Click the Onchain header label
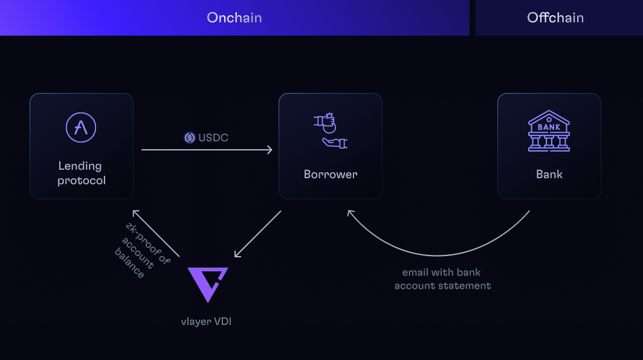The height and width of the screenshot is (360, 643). click(x=234, y=18)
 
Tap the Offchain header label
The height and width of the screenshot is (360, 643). click(x=555, y=18)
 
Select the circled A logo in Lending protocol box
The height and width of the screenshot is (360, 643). click(x=81, y=127)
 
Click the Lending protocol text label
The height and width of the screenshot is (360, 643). click(x=81, y=173)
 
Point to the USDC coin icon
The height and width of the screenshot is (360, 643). click(x=190, y=138)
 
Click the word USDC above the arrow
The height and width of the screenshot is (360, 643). click(x=213, y=138)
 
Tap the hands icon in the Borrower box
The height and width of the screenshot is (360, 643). click(x=330, y=130)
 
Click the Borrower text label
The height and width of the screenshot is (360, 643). click(x=330, y=175)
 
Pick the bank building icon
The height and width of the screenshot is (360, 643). click(x=549, y=130)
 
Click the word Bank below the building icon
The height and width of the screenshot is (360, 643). click(x=549, y=175)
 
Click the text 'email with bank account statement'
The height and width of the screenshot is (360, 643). click(x=442, y=279)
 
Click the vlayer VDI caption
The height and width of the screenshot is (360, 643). click(x=206, y=321)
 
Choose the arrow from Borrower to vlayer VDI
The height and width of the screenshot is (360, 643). click(x=258, y=234)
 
